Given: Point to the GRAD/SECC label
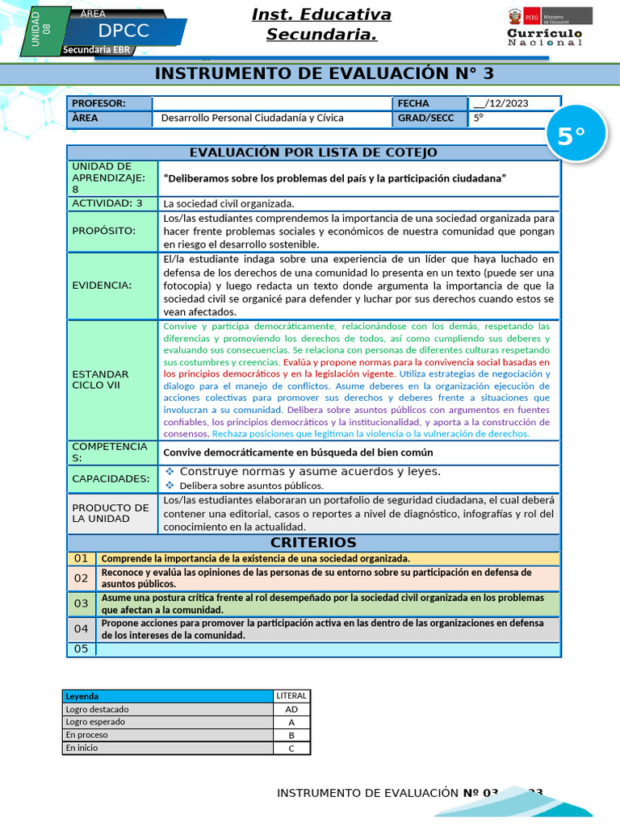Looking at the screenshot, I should coord(420,118).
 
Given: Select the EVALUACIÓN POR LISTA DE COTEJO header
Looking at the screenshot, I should coord(312,152).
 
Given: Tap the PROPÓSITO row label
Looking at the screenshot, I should coord(104,231).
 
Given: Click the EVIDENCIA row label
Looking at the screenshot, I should coord(102,285).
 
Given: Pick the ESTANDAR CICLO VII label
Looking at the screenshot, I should coord(100,380).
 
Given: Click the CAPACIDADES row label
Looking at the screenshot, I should coord(111,478).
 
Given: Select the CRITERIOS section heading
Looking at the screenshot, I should coord(312,542).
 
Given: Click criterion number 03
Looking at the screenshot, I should coord(82,603).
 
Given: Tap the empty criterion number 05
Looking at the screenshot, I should coord(81,649).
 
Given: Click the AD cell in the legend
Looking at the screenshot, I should coord(291,710).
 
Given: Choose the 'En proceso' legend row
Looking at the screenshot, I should coord(168,735).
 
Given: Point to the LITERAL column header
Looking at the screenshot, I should coord(291,695).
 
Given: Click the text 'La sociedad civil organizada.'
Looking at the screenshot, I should coord(229,203).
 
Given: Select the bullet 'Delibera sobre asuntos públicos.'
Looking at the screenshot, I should coord(251,486).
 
